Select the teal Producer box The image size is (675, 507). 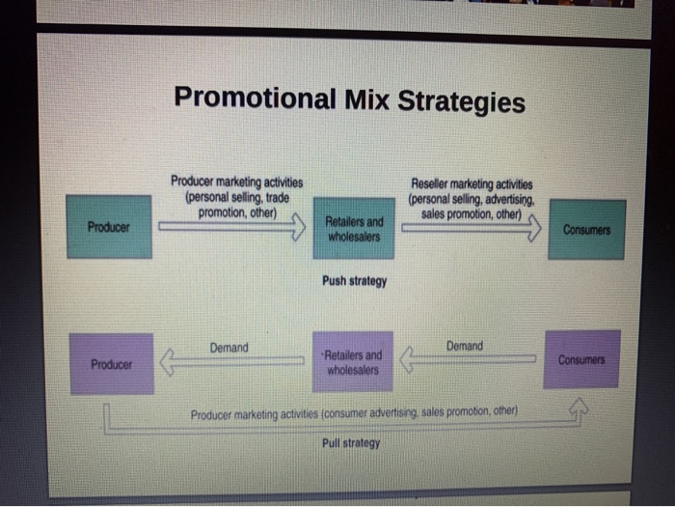click(x=109, y=227)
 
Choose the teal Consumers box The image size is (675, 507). click(x=587, y=230)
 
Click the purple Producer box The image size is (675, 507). click(x=111, y=364)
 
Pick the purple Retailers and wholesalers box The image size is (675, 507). click(x=353, y=362)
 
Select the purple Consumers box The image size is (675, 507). click(x=581, y=358)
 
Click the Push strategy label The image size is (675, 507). click(x=354, y=281)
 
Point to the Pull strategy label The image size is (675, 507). click(x=351, y=443)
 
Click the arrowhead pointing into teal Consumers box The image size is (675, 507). click(x=532, y=230)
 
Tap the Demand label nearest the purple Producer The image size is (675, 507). click(x=229, y=348)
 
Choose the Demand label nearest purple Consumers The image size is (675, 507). click(x=465, y=345)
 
